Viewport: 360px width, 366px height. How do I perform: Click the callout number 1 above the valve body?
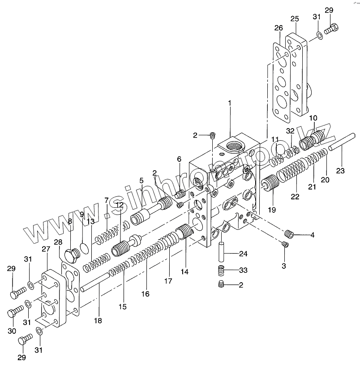point(229,103)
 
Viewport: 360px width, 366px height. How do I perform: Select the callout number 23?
point(341,171)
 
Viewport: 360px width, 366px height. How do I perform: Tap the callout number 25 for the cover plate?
point(294,19)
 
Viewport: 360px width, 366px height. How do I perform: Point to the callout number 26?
point(278,28)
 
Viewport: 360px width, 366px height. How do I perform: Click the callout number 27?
point(46,249)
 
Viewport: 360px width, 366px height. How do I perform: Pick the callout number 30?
point(12,331)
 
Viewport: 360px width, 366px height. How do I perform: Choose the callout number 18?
point(98,321)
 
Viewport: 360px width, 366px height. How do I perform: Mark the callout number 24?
point(243,254)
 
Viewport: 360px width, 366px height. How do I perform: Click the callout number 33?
point(243,270)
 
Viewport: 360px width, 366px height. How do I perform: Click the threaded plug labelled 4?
point(289,233)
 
